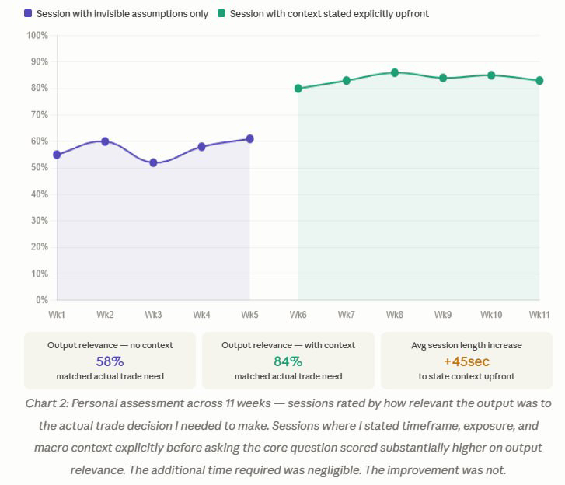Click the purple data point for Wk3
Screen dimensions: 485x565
pyautogui.click(x=153, y=162)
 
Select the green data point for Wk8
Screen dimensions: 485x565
pyautogui.click(x=395, y=72)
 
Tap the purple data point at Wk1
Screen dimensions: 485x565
pyautogui.click(x=57, y=155)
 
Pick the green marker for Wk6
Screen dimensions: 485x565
pyautogui.click(x=298, y=89)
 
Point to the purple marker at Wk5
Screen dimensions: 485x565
pyautogui.click(x=249, y=139)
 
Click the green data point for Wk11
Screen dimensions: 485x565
pyautogui.click(x=539, y=80)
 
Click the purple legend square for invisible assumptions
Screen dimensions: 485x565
pyautogui.click(x=28, y=13)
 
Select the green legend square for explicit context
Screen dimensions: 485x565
pyautogui.click(x=221, y=13)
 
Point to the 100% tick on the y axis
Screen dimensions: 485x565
pyautogui.click(x=37, y=36)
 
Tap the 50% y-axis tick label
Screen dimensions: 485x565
pyautogui.click(x=39, y=168)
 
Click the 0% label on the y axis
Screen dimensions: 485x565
pyautogui.click(x=41, y=300)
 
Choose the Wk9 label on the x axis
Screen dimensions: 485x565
pyautogui.click(x=443, y=315)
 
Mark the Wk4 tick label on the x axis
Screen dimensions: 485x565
pyautogui.click(x=201, y=315)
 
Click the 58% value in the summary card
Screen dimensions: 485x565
pyautogui.click(x=110, y=361)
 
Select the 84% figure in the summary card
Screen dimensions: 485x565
pyautogui.click(x=288, y=361)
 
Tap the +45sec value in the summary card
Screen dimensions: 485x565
pyautogui.click(x=466, y=361)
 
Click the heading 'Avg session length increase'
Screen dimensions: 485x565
pyautogui.click(x=466, y=344)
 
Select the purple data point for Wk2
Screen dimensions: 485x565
pyautogui.click(x=105, y=141)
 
